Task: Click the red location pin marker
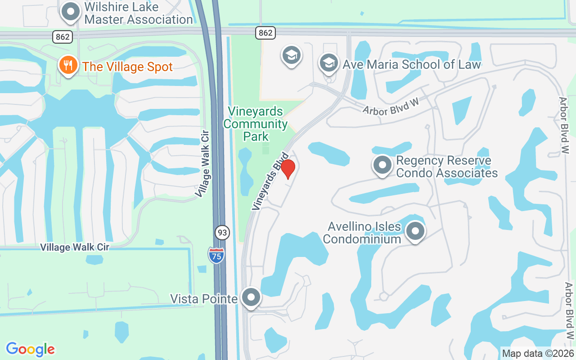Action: pos(288,169)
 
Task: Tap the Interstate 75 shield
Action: pos(216,255)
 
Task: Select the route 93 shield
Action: pos(222,233)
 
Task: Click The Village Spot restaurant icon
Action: pos(68,65)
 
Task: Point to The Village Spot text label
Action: pos(128,67)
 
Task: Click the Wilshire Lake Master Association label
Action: pos(139,13)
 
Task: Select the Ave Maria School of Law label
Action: pos(412,64)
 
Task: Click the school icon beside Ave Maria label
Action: pos(329,63)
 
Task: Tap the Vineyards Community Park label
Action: pos(256,124)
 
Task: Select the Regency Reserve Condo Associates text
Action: pos(447,167)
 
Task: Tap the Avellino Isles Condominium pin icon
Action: pos(415,231)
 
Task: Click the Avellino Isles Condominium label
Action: pos(362,233)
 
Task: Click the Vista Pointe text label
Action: pos(203,299)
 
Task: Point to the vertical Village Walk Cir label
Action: pos(203,163)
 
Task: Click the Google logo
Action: pos(30,349)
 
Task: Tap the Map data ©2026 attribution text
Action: pos(538,354)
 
